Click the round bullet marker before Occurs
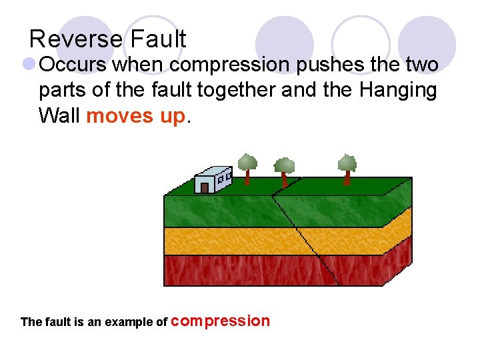click(x=29, y=65)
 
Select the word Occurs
click(x=73, y=65)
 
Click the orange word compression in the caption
click(x=221, y=321)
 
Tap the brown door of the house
click(x=205, y=187)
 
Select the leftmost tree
click(x=247, y=167)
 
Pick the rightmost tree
click(x=347, y=167)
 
